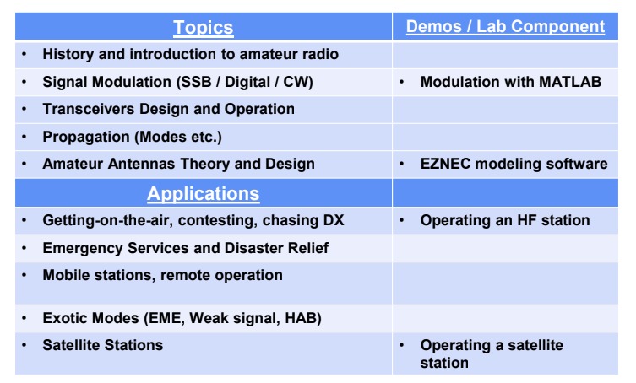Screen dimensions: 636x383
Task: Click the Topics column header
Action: (204, 28)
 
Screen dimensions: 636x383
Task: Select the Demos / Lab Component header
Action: (505, 26)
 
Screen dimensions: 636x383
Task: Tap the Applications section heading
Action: (204, 194)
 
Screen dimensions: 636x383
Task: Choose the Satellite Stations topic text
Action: (102, 345)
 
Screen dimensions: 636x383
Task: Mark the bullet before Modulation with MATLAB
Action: (401, 82)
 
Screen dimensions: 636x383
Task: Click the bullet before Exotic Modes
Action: (24, 318)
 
